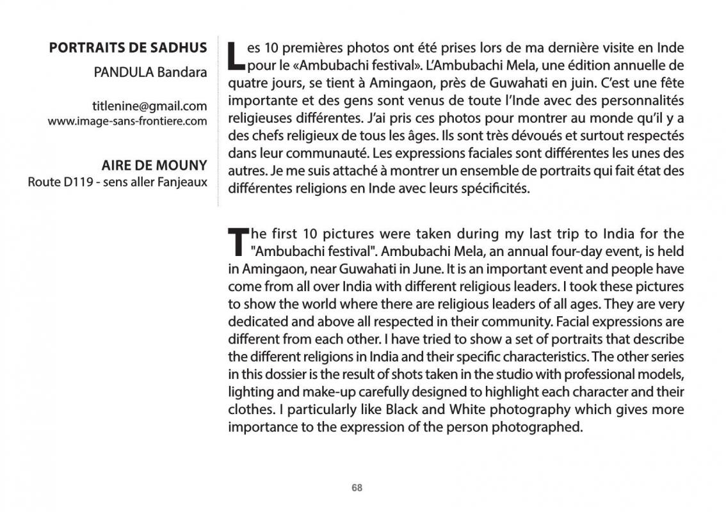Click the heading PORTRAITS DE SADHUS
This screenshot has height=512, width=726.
(128, 48)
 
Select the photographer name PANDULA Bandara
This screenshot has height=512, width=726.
(150, 72)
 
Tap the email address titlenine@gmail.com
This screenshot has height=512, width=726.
(149, 106)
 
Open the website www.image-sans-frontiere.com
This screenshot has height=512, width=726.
(127, 121)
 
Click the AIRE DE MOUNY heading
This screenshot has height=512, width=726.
(154, 166)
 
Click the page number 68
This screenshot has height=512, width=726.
(357, 488)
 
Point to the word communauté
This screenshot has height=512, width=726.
(328, 154)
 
